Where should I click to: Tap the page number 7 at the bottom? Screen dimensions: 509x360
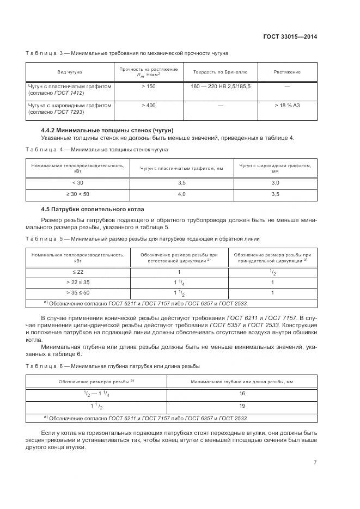tap(315, 463)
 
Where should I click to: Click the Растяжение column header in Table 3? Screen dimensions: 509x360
tap(287, 72)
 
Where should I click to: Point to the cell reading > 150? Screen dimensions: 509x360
tap(149, 87)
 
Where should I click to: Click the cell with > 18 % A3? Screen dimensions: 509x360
tap(287, 105)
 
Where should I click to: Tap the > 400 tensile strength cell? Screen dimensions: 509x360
tap(149, 105)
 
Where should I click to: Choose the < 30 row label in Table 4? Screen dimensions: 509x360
tap(78, 183)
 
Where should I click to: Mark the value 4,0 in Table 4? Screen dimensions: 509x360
tap(181, 193)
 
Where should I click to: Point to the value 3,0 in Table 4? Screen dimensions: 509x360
tap(275, 183)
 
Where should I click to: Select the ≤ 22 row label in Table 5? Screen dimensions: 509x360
tap(78, 272)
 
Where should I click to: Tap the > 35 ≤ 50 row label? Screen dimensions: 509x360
tap(78, 292)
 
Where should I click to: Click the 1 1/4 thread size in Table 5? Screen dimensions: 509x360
tap(179, 283)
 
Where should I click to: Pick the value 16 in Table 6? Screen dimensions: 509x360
tap(242, 393)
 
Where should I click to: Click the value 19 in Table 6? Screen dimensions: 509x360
tap(242, 406)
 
